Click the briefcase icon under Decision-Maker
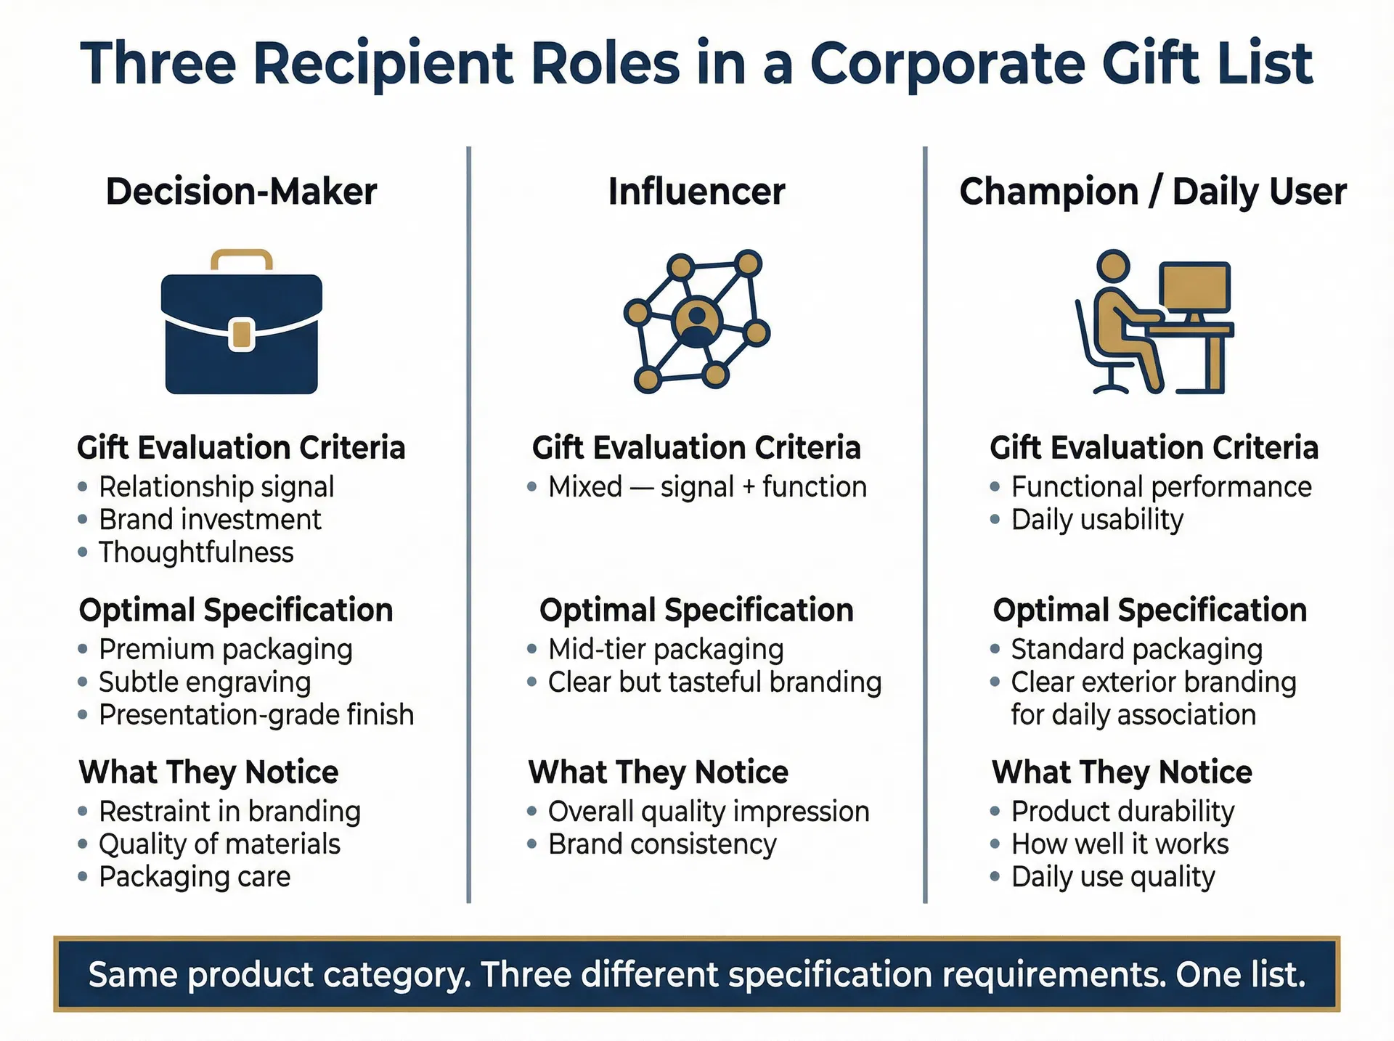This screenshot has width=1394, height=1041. pyautogui.click(x=241, y=323)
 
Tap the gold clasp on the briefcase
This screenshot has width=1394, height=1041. pyautogui.click(x=242, y=334)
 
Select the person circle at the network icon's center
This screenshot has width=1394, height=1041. pyautogui.click(x=696, y=320)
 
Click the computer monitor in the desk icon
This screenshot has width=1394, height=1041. pyautogui.click(x=1194, y=287)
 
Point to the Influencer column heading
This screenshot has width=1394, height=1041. pyautogui.click(x=696, y=192)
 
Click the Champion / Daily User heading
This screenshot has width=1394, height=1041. pyautogui.click(x=1152, y=192)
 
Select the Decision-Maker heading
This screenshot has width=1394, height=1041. pyautogui.click(x=241, y=192)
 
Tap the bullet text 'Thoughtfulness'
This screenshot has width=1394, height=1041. pyautogui.click(x=196, y=552)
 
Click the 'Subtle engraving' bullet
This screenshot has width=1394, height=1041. pyautogui.click(x=205, y=682)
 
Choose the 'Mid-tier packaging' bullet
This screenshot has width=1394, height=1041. pyautogui.click(x=665, y=650)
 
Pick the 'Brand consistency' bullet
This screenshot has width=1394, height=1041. pyautogui.click(x=661, y=844)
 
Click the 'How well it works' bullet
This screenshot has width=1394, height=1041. pyautogui.click(x=1120, y=844)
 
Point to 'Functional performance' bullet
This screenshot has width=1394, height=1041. pyautogui.click(x=1161, y=487)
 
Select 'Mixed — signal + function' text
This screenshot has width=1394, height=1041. pyautogui.click(x=707, y=487)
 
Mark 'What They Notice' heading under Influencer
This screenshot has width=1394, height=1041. pyautogui.click(x=658, y=772)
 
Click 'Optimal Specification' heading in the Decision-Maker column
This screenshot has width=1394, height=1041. pyautogui.click(x=236, y=611)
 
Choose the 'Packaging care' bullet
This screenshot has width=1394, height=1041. pyautogui.click(x=195, y=877)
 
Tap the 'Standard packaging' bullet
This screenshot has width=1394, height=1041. pyautogui.click(x=1136, y=650)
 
